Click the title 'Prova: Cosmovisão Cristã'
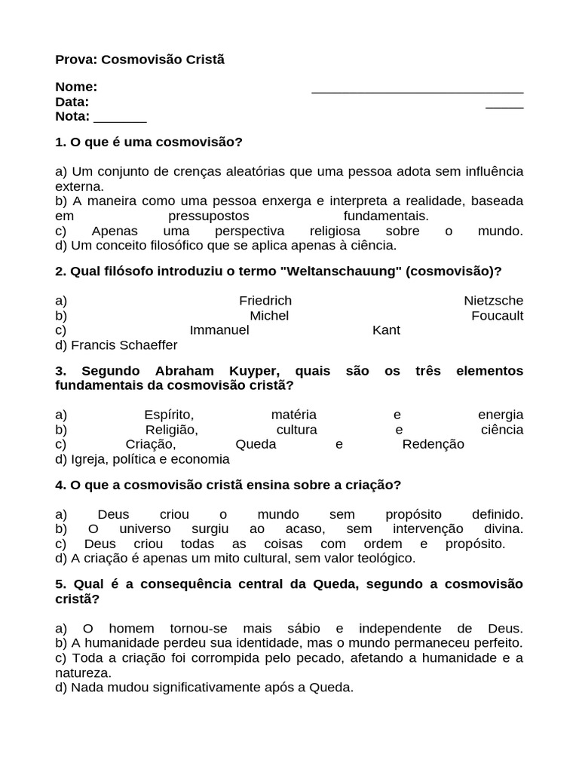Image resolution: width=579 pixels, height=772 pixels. click(x=139, y=59)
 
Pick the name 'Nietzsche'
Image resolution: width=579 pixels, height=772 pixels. click(x=493, y=301)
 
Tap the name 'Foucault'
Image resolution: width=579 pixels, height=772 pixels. click(x=497, y=316)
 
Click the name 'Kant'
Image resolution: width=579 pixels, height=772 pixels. click(x=386, y=330)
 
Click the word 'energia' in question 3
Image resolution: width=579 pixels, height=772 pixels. click(x=500, y=415)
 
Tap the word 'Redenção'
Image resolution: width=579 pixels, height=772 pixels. click(x=433, y=444)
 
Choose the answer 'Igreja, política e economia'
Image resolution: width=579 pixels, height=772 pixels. click(x=150, y=459)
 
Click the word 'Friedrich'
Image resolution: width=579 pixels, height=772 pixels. click(x=265, y=301)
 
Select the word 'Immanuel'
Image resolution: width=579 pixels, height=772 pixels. click(x=219, y=330)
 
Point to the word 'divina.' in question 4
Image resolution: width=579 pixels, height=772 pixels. click(x=501, y=528)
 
